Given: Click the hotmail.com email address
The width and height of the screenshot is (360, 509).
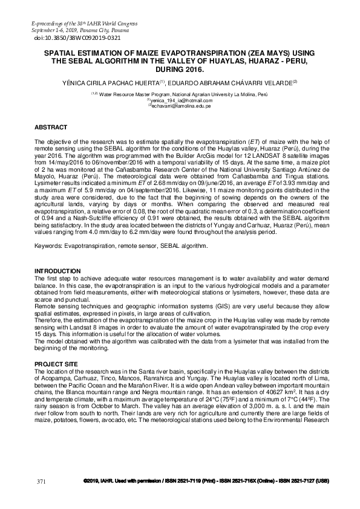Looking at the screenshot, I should (180, 100).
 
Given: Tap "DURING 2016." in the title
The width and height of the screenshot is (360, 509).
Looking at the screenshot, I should (180, 69).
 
